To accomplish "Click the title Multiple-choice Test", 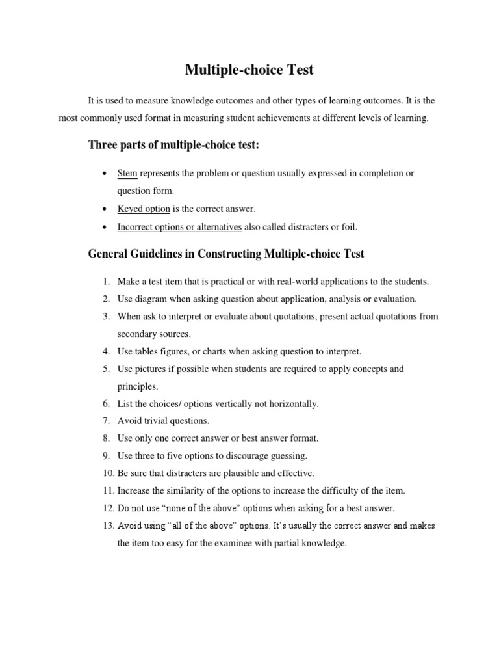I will tap(249, 70).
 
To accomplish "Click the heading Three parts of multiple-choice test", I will tap(173, 146).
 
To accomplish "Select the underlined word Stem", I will tap(127, 174).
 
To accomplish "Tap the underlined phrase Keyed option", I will tap(144, 209).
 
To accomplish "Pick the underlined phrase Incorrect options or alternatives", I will tap(179, 227).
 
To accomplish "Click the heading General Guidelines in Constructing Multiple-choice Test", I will tap(226, 254).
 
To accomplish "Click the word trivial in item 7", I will tap(156, 421).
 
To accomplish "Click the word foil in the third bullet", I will tap(350, 227).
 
